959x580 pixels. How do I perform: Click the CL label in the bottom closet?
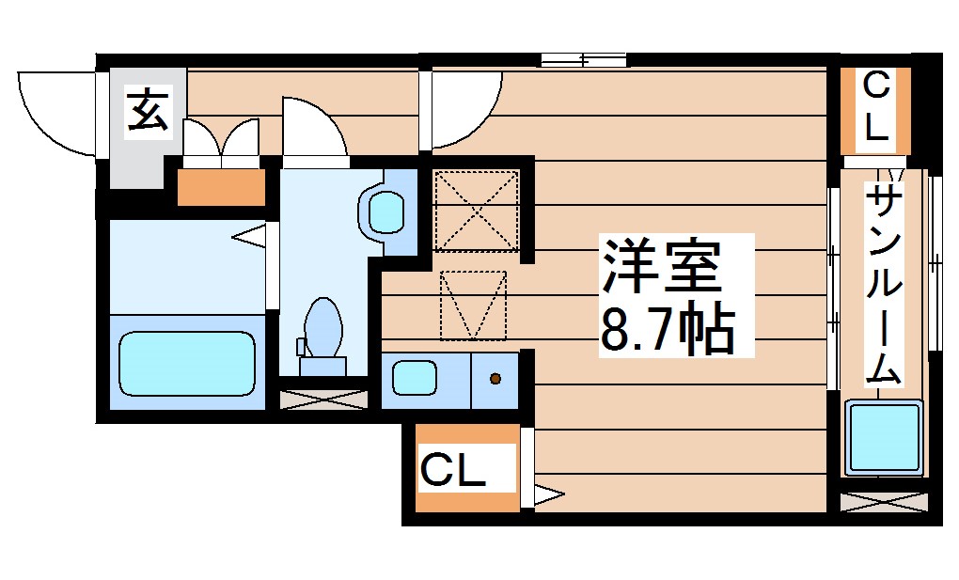tap(453, 469)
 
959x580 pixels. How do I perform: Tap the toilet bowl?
tap(322, 328)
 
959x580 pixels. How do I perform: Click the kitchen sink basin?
tap(415, 378)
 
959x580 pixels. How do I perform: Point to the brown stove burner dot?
tap(495, 379)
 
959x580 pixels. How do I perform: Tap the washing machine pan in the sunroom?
tap(884, 439)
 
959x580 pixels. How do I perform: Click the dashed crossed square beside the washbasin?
tap(477, 211)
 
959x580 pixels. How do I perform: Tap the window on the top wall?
tap(584, 60)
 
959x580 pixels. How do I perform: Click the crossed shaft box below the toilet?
tap(325, 398)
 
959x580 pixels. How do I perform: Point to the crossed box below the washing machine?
tap(883, 501)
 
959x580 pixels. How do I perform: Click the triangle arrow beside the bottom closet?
tap(549, 492)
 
